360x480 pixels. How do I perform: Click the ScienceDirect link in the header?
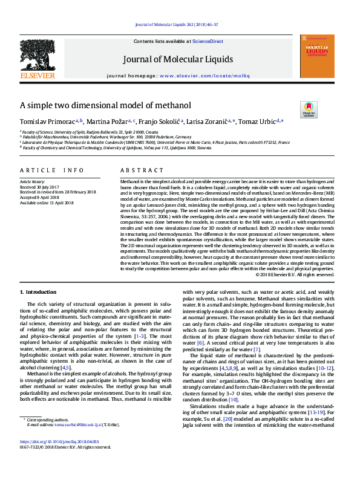click(208, 41)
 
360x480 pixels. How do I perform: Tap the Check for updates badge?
click(309, 109)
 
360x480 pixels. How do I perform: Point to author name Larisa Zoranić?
click(217, 122)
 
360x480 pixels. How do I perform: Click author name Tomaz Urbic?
click(257, 122)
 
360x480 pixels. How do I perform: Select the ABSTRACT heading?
click(138, 171)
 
